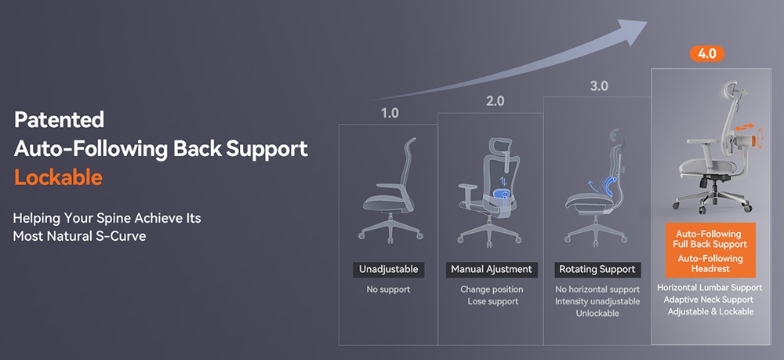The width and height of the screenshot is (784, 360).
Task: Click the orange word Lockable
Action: (x=58, y=177)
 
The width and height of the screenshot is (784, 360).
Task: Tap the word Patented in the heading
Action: (x=59, y=120)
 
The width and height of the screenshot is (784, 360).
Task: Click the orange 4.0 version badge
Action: (x=706, y=54)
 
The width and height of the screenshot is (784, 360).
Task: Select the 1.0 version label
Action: (x=389, y=113)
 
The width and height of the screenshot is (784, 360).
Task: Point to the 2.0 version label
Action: (x=495, y=101)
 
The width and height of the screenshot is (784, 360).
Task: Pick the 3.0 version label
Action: (x=598, y=85)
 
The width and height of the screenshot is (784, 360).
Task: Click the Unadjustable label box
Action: (x=388, y=270)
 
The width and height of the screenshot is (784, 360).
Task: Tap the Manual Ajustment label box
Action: (x=492, y=270)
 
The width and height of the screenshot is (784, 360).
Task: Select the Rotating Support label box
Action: (x=597, y=270)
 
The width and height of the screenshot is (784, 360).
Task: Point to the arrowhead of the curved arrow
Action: (x=634, y=29)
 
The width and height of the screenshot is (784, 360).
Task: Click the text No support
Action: (x=388, y=290)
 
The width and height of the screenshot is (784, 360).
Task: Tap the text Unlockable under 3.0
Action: (x=597, y=314)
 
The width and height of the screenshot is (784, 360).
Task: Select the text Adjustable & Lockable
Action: (x=710, y=311)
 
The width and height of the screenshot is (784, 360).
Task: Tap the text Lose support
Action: (x=492, y=302)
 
